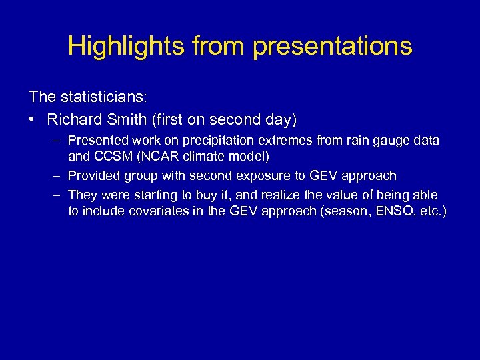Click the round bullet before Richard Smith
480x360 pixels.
coord(33,120)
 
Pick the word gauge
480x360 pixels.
coord(387,141)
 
